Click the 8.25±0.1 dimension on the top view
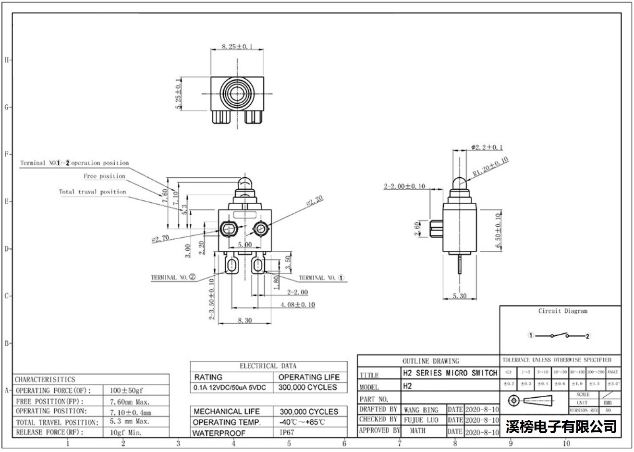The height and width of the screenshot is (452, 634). (237, 47)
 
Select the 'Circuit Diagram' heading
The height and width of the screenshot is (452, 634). (562, 311)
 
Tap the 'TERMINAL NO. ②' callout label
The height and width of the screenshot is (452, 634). (173, 277)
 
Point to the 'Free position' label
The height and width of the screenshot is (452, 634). (104, 176)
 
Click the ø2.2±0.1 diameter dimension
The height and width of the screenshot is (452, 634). (487, 147)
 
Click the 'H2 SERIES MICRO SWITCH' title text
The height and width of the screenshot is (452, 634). (450, 373)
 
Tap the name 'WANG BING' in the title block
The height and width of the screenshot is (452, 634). (421, 410)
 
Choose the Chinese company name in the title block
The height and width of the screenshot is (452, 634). (561, 426)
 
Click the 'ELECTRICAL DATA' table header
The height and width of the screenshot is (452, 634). (268, 366)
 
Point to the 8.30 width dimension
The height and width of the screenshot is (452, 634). (244, 320)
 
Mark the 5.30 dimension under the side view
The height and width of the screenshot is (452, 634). (460, 296)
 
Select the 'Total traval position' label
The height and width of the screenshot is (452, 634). (92, 192)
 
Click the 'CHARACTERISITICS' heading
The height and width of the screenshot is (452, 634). (45, 379)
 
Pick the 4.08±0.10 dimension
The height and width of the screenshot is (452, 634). (298, 305)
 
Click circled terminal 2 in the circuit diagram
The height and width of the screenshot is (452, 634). (587, 336)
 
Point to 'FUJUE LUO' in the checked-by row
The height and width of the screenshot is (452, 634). (421, 420)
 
